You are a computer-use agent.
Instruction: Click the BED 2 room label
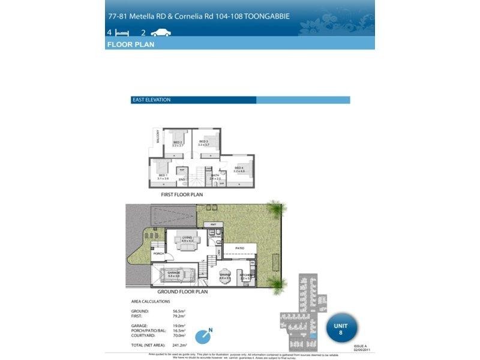click(x=178, y=142)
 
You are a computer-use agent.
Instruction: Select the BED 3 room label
click(x=203, y=142)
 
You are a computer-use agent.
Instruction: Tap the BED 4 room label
click(x=239, y=168)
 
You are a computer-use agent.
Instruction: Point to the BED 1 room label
click(x=163, y=176)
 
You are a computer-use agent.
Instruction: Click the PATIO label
click(x=239, y=247)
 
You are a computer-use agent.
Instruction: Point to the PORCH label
click(x=158, y=254)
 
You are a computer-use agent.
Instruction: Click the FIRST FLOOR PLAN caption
click(x=182, y=194)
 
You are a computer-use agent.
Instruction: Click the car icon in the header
click(x=161, y=33)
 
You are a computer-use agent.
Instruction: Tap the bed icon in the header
click(x=122, y=33)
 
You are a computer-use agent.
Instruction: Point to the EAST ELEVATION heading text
click(x=151, y=100)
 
